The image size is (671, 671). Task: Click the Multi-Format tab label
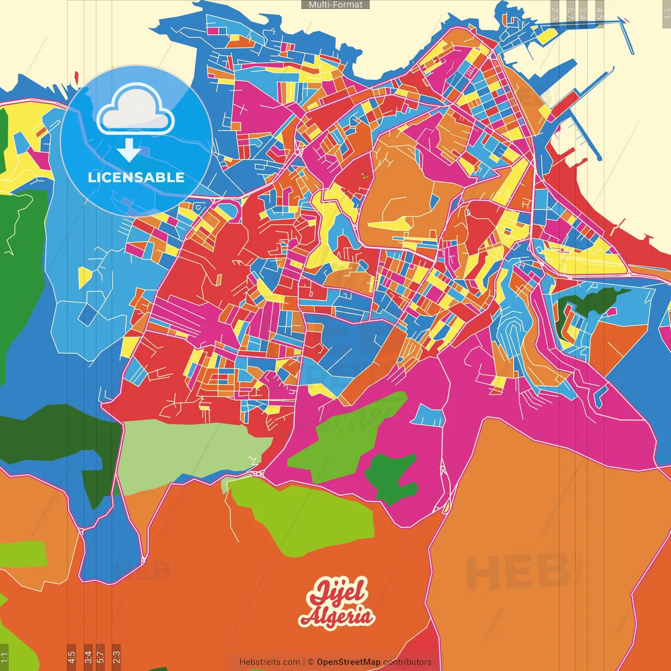335,5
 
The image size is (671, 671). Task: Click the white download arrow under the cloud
128,150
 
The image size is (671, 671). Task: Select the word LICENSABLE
136,177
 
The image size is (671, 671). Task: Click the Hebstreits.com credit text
269,662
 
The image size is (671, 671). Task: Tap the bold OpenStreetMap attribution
349,662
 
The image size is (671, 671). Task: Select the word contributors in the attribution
407,662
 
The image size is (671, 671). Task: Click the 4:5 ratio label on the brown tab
71,657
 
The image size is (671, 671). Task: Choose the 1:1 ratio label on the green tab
4,657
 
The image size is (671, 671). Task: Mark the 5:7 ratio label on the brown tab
101,657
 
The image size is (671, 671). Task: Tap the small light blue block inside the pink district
428,416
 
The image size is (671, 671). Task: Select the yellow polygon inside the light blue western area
84,276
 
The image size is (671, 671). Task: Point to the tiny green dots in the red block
364,175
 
